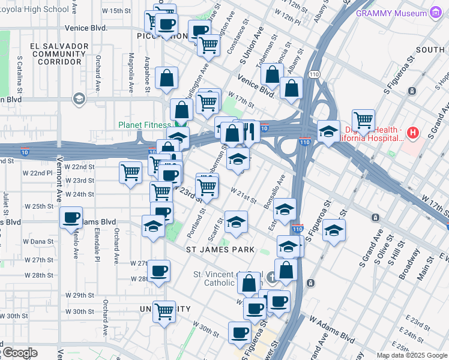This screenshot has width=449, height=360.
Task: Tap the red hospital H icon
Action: [412, 132]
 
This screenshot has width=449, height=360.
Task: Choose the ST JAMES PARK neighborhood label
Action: [220, 249]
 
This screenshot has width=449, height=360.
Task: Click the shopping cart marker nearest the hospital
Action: [363, 120]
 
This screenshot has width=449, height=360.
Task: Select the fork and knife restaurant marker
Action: [249, 130]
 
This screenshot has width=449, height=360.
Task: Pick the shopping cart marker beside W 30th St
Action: [164, 311]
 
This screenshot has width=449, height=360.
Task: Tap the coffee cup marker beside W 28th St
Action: [159, 271]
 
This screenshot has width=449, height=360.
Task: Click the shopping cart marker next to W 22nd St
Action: [130, 172]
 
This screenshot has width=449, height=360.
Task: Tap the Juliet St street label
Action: [5, 203]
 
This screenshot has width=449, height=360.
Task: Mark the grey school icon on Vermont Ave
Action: [78, 98]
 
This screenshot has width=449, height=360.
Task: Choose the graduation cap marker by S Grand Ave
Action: [333, 230]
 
